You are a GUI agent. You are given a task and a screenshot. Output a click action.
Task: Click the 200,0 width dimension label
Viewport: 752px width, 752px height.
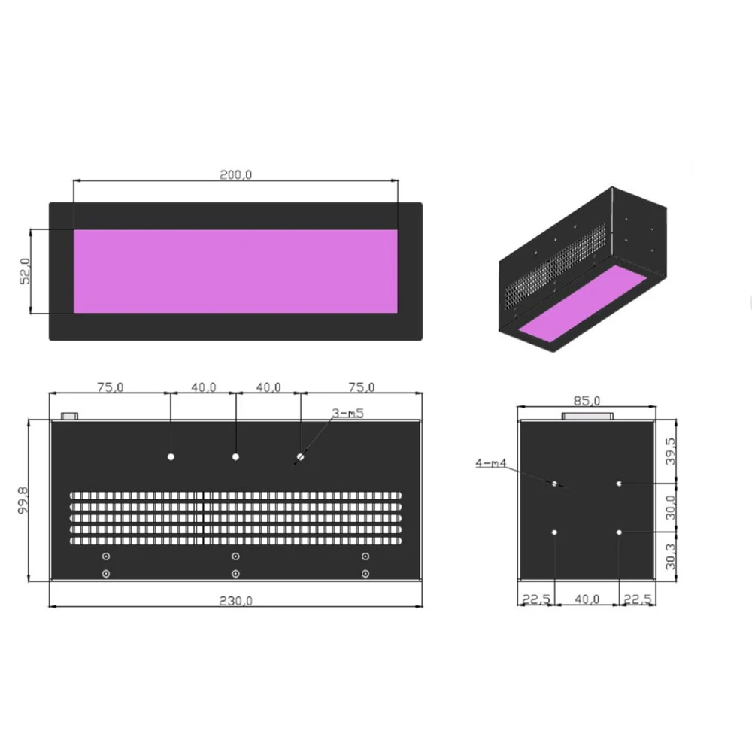pos(235,174)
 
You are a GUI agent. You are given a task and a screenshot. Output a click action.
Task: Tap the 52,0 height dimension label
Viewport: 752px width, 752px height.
pos(24,271)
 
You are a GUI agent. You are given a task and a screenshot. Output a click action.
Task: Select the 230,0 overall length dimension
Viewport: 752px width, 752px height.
pos(235,600)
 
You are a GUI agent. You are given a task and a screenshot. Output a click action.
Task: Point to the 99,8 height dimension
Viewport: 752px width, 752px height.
pos(23,501)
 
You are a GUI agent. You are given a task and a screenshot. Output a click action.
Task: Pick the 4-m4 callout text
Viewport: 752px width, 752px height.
pos(490,463)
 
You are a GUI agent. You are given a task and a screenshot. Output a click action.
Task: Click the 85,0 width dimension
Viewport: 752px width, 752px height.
pos(587,399)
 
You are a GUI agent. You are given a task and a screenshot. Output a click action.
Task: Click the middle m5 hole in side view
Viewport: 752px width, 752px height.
pos(235,456)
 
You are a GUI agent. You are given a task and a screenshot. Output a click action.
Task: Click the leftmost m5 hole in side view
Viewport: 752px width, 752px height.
pos(171,456)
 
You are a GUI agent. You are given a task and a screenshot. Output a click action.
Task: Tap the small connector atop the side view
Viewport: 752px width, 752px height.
pos(69,415)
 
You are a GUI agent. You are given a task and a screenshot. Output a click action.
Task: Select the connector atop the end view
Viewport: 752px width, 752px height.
pos(587,416)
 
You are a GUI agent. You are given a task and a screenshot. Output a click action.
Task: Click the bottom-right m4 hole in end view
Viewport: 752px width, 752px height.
pos(619,532)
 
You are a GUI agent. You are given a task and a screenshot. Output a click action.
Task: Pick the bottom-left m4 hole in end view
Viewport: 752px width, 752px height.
pos(554,532)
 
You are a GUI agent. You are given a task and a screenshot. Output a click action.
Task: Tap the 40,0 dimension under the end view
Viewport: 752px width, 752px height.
pos(587,599)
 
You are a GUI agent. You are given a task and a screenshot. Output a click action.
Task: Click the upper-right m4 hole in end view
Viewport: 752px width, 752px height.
pos(619,484)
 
